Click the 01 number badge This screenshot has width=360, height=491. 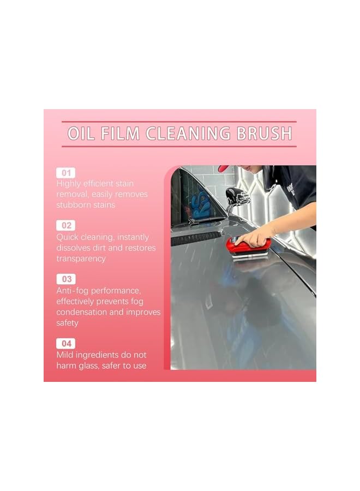point(65,172)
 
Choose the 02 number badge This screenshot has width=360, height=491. point(65,225)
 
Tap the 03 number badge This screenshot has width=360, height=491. point(65,279)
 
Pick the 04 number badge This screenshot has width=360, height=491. point(65,343)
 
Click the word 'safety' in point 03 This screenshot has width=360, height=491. point(68,323)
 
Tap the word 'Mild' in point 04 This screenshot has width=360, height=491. point(65,355)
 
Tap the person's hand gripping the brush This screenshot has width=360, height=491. point(256,236)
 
